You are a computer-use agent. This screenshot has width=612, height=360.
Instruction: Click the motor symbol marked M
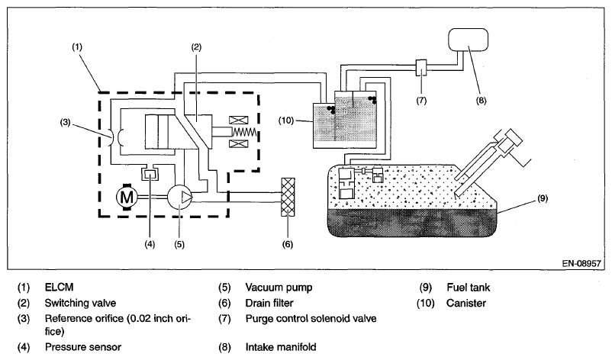[x=127, y=197]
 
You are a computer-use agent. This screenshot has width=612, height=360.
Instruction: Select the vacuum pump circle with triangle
[x=179, y=197]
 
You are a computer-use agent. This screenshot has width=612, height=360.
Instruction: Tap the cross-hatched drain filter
[x=288, y=197]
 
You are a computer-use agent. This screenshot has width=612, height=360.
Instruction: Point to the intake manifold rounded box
[x=468, y=40]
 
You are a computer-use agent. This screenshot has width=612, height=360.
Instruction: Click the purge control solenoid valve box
[x=420, y=68]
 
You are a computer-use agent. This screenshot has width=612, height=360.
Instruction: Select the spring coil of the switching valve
[x=246, y=132]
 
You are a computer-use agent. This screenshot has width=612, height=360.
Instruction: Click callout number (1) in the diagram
[x=77, y=47]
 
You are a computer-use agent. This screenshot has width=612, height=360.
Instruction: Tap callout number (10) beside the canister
[x=286, y=121]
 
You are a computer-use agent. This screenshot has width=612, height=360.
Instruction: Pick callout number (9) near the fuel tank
[x=543, y=198]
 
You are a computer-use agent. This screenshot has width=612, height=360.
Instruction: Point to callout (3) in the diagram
[x=65, y=123]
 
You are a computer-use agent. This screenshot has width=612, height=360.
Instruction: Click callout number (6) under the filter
[x=287, y=245]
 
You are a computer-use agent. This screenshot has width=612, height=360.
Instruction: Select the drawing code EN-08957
[x=581, y=263]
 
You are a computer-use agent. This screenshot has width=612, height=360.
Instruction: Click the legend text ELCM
[x=59, y=288]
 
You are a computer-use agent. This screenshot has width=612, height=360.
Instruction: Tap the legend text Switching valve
[x=80, y=303]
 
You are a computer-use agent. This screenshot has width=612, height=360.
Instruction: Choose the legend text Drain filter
[x=269, y=303]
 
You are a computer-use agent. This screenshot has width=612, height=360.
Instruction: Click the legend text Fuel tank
[x=469, y=288]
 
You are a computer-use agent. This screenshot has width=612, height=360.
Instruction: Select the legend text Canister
[x=466, y=303]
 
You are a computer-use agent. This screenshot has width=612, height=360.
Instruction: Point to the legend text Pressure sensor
[x=83, y=347]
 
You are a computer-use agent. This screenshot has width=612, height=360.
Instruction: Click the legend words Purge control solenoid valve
[x=311, y=319]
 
